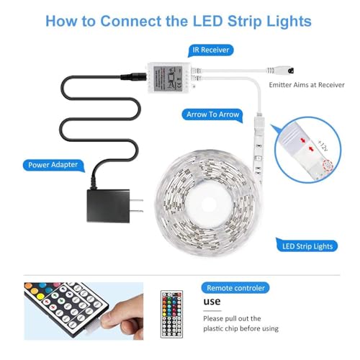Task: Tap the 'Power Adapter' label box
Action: [x=53, y=164]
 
